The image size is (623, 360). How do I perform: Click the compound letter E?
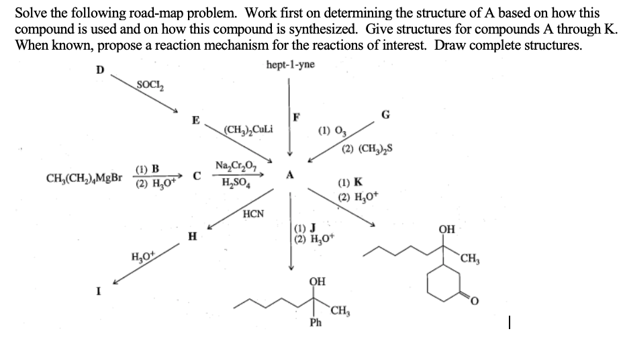coord(195,121)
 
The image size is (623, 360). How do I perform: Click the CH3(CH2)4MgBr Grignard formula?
coord(85,178)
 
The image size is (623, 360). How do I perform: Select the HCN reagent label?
coord(253,214)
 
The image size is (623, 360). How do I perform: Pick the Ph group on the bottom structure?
coord(316,323)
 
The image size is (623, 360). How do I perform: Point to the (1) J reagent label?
coord(306,226)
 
